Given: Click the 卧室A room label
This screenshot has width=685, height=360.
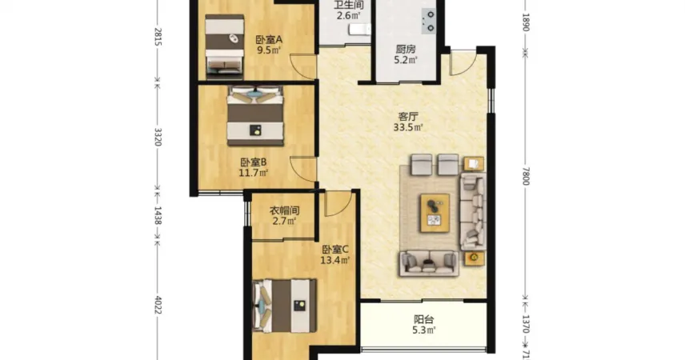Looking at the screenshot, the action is point(269,39).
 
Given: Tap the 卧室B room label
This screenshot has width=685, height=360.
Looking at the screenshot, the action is point(254,162).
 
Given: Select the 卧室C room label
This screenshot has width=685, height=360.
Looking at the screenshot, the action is point(335,250).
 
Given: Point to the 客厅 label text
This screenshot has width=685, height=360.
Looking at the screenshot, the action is point(408,117).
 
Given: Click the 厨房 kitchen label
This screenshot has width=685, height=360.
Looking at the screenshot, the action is point(406,50).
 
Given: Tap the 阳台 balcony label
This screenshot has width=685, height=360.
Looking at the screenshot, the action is point(423,319).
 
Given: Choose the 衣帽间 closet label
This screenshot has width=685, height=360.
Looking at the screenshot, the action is point(284,210).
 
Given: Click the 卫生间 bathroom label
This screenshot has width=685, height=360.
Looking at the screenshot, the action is point(349,6).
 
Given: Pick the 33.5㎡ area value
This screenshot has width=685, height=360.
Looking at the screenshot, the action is point(408,127).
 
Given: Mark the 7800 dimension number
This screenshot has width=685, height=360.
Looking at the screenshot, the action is point(526,176).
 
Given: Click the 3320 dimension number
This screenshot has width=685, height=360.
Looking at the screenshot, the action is point(158,137).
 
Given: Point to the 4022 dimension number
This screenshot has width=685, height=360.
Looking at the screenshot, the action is point(158,306).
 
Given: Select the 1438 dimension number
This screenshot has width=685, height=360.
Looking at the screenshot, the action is point(158,216).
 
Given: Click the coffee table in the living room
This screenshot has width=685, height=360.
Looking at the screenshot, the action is point(435,213).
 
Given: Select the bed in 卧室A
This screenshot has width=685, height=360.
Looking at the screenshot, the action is point(225,46).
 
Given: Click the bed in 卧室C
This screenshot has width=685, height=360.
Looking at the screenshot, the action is point(284,306).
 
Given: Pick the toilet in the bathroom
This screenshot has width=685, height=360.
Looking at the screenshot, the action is point(359,30).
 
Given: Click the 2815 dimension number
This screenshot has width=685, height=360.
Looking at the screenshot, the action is point(158,37).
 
